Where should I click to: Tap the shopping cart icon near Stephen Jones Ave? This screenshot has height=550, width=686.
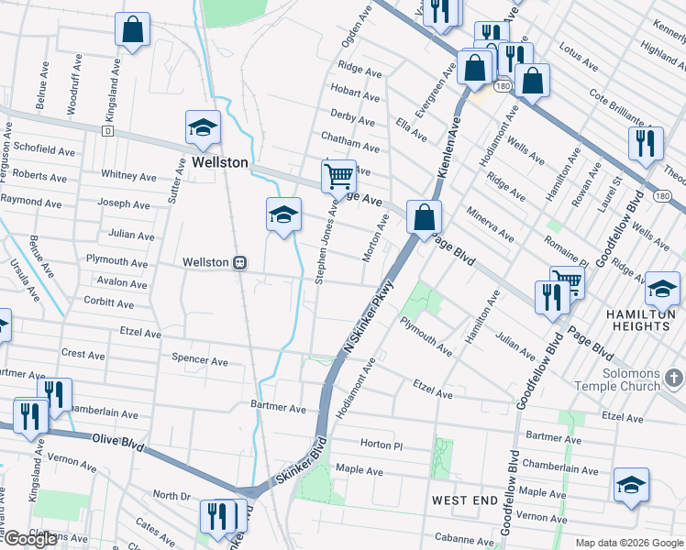(338, 175)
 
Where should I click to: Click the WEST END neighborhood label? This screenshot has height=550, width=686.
(465, 500)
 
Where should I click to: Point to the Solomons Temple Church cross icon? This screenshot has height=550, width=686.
(674, 378)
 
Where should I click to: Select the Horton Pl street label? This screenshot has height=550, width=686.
(382, 445)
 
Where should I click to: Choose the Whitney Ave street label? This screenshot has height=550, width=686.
(128, 174)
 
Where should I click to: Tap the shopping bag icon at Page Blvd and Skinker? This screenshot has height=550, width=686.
(424, 217)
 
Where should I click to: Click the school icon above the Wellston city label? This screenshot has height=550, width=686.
(203, 127)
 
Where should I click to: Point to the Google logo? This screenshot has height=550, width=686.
(30, 539)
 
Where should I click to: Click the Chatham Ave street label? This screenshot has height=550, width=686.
(349, 147)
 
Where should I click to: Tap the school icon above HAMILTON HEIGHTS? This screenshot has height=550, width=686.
(662, 289)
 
